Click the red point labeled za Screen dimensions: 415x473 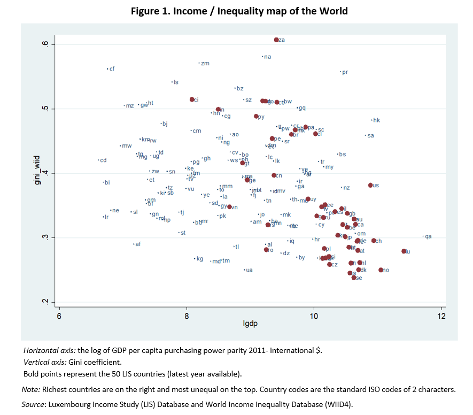(276, 40)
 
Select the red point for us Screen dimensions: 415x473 (370, 185)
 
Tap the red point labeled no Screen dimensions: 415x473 (381, 270)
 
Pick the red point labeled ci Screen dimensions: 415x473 (192, 99)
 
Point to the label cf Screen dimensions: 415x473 (112, 68)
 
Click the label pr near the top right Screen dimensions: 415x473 (345, 72)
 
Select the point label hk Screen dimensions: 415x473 (376, 120)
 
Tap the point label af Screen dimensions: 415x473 (138, 244)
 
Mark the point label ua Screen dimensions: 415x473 (249, 270)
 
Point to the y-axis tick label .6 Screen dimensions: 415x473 (46, 44)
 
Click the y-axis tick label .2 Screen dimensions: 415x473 (46, 302)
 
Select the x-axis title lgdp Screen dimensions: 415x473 (250, 324)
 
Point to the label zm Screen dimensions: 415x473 (205, 64)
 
